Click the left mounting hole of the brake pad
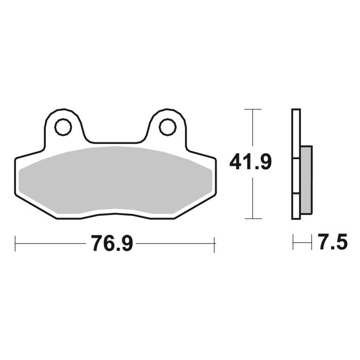[x=64, y=126]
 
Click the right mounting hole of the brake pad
[x=168, y=126]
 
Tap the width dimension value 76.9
[x=112, y=243]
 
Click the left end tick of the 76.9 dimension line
[x=15, y=242]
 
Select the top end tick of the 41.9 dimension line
[x=250, y=110]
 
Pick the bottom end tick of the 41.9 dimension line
[x=250, y=219]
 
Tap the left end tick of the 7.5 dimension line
[x=293, y=242]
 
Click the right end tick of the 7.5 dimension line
[x=312, y=242]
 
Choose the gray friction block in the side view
[x=305, y=179]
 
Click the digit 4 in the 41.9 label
[x=236, y=163]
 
